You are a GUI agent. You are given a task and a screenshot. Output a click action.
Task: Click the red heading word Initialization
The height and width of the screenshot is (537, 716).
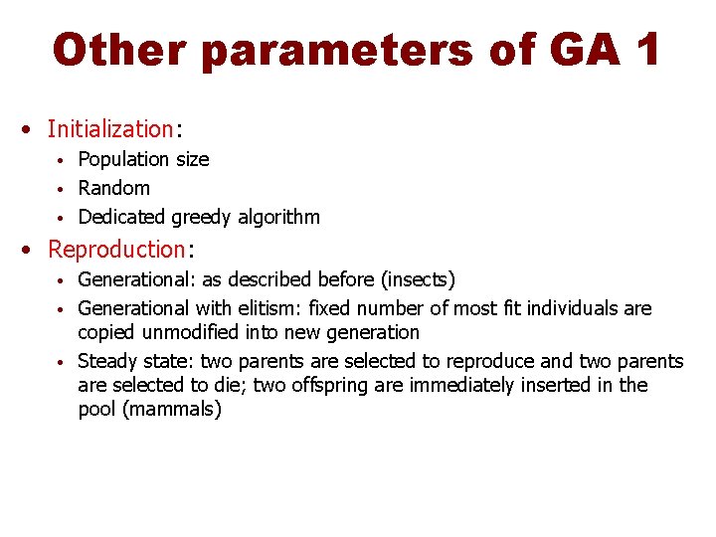[x=110, y=128]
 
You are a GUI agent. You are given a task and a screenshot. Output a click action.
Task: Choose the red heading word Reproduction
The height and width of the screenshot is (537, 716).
[x=116, y=249]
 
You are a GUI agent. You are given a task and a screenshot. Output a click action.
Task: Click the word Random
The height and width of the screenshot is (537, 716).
[x=113, y=188]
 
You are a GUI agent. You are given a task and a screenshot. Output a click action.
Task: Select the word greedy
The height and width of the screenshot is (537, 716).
[x=204, y=217]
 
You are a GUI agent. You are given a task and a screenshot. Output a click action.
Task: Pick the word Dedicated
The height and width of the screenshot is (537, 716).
[x=121, y=217]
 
